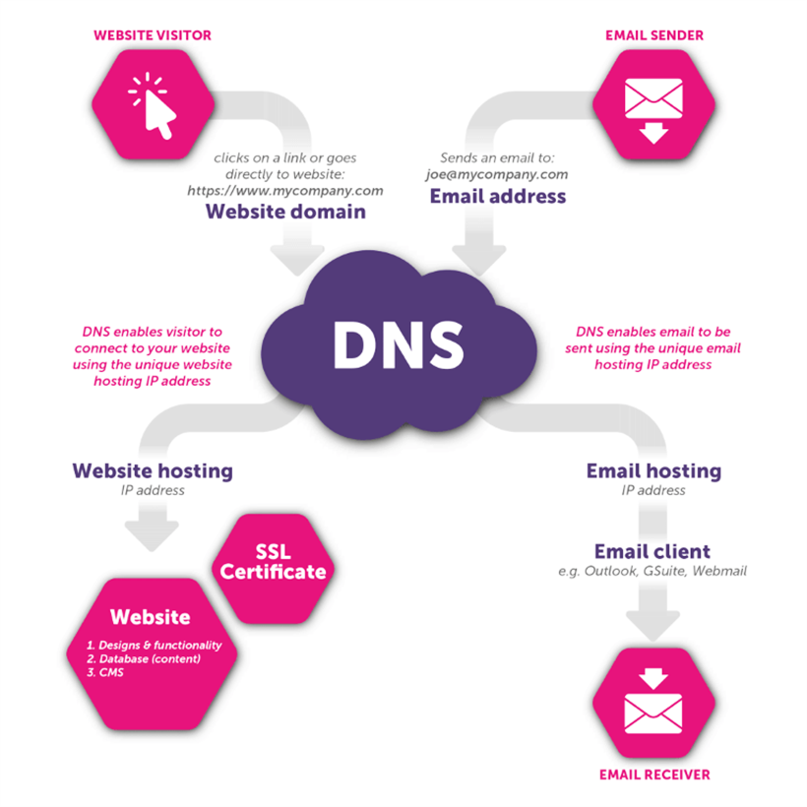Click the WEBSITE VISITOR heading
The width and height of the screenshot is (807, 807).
153,35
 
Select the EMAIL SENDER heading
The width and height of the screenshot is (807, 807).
653,35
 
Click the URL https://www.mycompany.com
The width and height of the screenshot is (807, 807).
285,191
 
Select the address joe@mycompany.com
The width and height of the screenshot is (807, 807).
498,174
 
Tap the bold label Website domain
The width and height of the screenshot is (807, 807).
285,212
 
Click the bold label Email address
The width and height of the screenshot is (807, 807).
498,196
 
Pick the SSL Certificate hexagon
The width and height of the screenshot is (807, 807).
273,562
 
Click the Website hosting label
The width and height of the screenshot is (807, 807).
153,470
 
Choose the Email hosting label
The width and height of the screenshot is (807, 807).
653,470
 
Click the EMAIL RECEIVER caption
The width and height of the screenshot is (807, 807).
653,775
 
